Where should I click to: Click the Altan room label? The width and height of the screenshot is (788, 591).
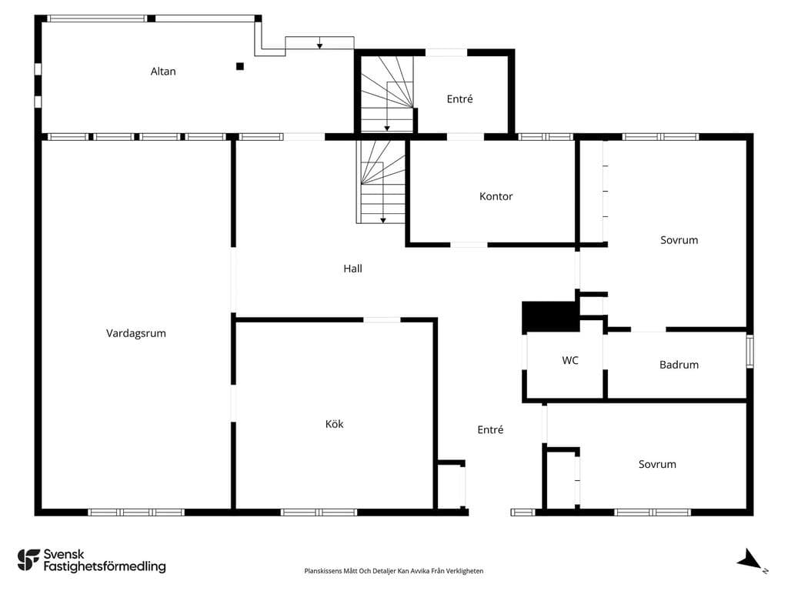click(163, 72)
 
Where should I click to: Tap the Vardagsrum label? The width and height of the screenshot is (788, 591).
click(135, 333)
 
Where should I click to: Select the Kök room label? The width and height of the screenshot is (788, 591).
click(334, 424)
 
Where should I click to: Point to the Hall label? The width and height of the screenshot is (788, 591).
click(352, 269)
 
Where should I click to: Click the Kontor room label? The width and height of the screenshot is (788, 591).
click(496, 196)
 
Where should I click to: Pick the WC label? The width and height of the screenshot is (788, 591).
click(570, 360)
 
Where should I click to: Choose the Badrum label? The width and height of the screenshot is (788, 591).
click(679, 365)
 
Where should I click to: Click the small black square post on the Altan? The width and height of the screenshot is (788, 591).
click(240, 66)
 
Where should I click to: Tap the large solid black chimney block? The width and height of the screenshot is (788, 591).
click(549, 316)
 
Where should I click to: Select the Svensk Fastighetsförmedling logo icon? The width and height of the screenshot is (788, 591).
click(28, 560)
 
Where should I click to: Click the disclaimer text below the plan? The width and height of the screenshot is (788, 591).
click(393, 571)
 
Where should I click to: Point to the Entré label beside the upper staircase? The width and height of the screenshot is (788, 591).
click(460, 99)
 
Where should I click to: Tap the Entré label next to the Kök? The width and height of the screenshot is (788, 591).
click(490, 429)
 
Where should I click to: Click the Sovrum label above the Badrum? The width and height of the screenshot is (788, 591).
click(679, 240)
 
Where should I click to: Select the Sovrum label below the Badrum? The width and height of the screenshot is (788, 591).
click(657, 464)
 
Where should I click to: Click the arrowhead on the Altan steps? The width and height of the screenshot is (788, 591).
click(319, 46)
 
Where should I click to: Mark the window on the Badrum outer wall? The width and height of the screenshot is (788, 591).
click(750, 351)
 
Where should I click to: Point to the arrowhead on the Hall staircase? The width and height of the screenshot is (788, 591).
click(383, 220)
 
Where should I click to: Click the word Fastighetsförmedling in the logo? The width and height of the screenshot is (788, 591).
click(105, 567)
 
